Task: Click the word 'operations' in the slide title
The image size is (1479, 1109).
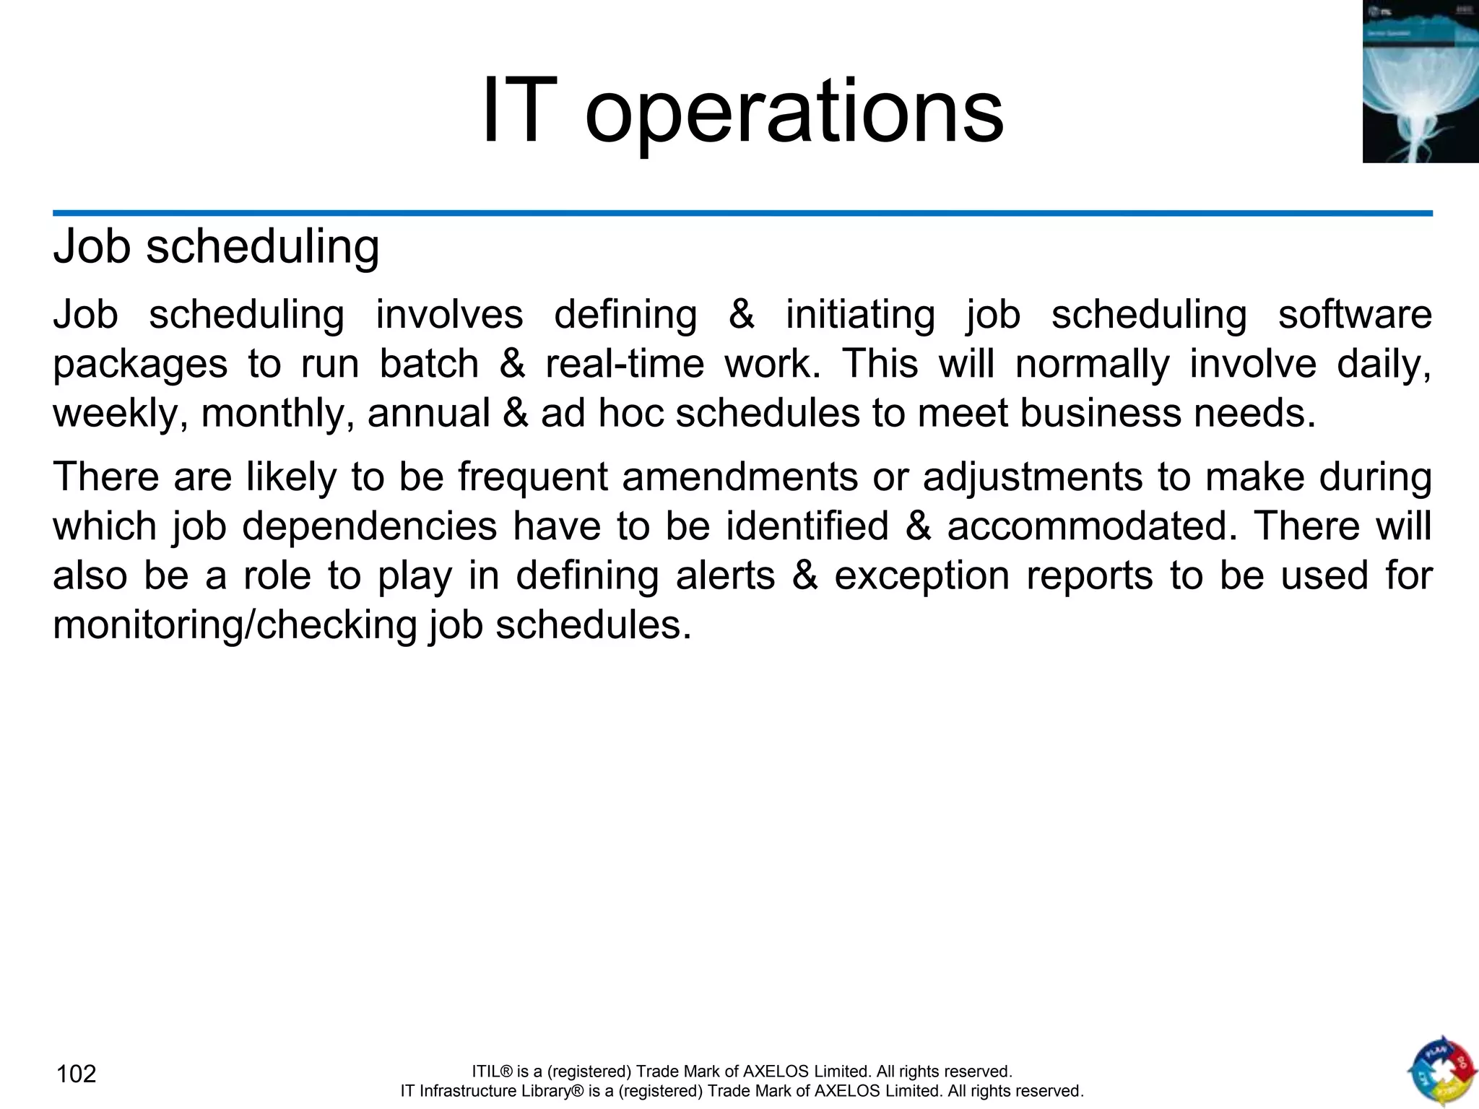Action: pos(794,113)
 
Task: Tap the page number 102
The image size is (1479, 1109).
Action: pos(76,1074)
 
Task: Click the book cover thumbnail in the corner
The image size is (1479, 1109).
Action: pos(1420,82)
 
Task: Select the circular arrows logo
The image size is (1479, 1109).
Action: pos(1441,1071)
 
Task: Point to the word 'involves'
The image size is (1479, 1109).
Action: pos(449,315)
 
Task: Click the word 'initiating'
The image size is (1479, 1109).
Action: pos(860,315)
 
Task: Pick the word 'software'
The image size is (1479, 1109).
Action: pos(1355,315)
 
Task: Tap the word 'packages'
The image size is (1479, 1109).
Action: pos(140,364)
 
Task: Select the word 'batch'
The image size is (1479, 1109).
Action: pos(429,364)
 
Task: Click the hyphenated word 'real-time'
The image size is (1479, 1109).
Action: pos(625,364)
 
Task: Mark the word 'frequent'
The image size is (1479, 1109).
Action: pos(532,477)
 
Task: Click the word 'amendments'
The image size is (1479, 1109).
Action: pos(739,477)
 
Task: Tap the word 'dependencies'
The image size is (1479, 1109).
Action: pos(369,526)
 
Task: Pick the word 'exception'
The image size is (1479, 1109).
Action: pos(922,575)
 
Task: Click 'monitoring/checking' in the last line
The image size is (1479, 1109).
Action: pos(235,625)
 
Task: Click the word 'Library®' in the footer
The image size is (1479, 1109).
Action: pos(550,1091)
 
